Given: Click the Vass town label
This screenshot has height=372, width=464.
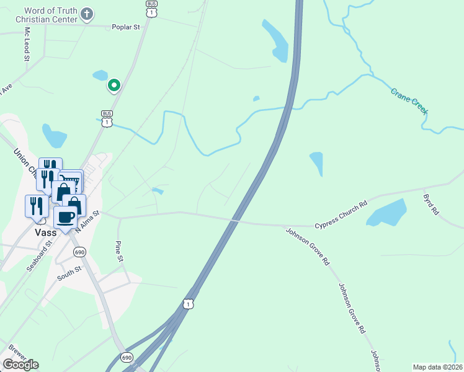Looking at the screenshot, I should tap(46, 233).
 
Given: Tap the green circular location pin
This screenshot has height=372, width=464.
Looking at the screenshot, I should tap(114, 85).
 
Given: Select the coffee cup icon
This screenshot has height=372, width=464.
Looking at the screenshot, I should tap(66, 218).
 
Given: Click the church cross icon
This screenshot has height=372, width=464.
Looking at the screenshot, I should tap(87, 13).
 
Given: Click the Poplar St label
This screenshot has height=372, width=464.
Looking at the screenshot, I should tap(127, 27).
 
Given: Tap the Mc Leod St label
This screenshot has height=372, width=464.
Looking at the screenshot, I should tap(27, 44).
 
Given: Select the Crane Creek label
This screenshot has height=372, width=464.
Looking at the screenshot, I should tap(409, 100).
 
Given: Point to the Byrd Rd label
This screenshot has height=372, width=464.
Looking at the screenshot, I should tap(431, 204).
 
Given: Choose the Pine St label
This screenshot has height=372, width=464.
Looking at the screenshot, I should tap(118, 250).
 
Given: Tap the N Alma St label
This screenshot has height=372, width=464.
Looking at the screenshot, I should tap(86, 220).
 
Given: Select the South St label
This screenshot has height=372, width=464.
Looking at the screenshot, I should tap(69, 271).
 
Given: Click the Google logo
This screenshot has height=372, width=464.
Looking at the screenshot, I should tap(20, 364).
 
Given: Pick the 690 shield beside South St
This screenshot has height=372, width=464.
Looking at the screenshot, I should tap(79, 252).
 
